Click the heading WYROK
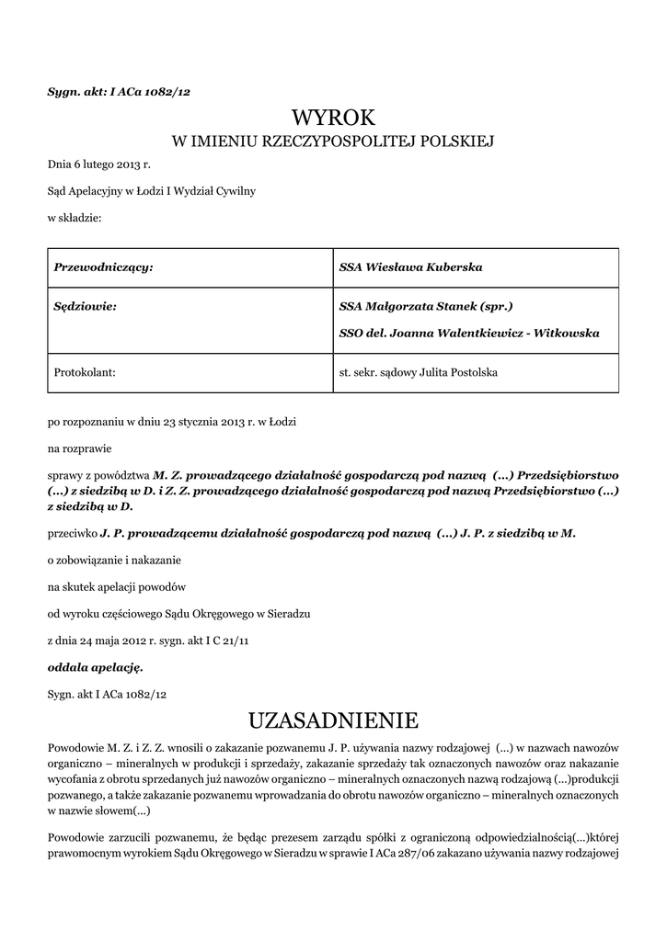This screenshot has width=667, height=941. tap(333, 118)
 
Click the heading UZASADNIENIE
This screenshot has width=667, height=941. tap(333, 717)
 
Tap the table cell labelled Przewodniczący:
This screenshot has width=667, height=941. tap(103, 267)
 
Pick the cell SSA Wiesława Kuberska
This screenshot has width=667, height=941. tap(411, 267)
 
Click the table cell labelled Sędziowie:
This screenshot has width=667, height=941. tap(86, 306)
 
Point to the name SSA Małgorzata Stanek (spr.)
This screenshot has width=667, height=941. tap(426, 306)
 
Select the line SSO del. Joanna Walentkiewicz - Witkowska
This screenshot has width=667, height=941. tap(469, 333)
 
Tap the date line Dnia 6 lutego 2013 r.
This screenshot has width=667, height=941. tap(98, 164)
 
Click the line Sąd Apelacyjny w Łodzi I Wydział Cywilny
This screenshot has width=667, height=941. tap(152, 191)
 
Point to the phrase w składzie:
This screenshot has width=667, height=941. tap(75, 218)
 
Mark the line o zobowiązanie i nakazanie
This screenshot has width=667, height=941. tap(114, 560)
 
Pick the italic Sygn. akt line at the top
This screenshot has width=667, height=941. tap(119, 91)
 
